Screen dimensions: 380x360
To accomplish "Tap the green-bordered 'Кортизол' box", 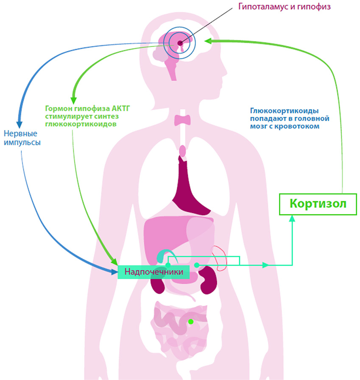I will tap(318, 204).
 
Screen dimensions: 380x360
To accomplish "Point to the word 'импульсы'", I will tap(22, 142).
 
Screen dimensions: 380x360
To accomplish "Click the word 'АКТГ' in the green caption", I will tap(119, 108).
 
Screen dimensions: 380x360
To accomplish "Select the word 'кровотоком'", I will tap(300, 126).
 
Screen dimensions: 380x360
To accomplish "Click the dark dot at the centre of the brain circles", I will tap(180, 43).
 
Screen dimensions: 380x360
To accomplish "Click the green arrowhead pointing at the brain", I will tap(207, 41).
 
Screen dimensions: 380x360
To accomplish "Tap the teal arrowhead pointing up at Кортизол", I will tap(292, 218).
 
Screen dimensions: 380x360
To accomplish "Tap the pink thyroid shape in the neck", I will tap(183, 119).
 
